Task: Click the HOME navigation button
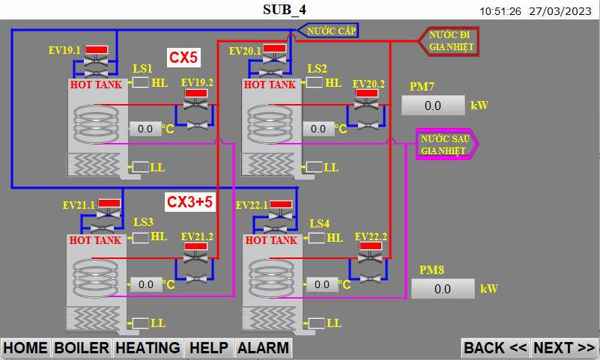pos(25,348)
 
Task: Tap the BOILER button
pos(82,348)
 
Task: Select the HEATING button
pos(148,348)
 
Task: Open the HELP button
pos(209,348)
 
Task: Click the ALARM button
pos(263,348)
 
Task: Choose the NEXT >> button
pos(564,348)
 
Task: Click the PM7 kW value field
pos(433,106)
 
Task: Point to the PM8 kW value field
pos(443,289)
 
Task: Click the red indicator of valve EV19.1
pos(97,49)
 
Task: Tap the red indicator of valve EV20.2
pos(367,94)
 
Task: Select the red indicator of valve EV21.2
pos(196,246)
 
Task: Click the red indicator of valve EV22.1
pos(281,204)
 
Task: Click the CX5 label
pos(184,58)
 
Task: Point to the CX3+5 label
pos(190,202)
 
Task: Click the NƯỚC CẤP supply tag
pos(328,31)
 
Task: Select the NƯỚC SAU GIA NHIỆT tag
pos(447,144)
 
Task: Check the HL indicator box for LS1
pos(140,82)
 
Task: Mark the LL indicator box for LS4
pos(316,323)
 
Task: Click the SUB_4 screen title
pos(285,10)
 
